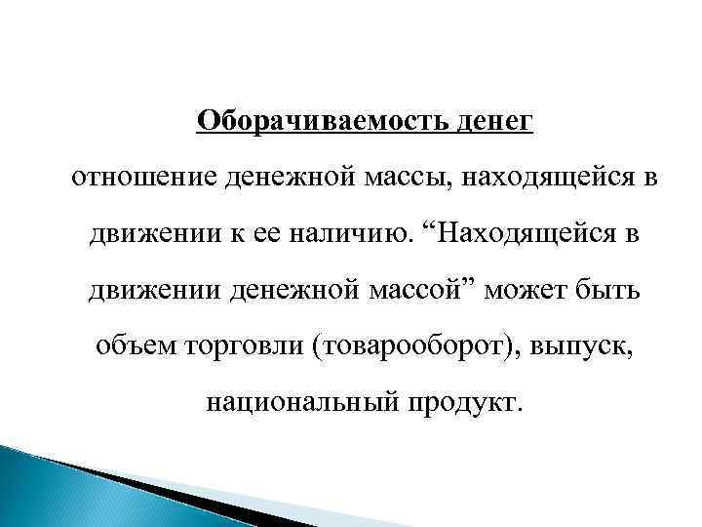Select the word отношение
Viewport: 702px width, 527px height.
(x=140, y=179)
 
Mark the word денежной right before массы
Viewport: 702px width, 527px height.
(x=279, y=179)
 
